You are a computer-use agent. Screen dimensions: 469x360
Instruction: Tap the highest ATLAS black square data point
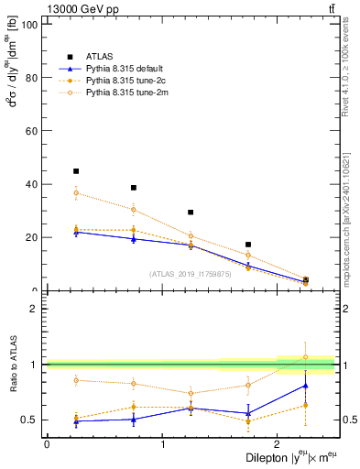pos(76,171)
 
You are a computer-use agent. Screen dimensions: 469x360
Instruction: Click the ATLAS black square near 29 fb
pos(191,213)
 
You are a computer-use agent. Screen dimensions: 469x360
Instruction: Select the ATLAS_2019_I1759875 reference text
pos(190,274)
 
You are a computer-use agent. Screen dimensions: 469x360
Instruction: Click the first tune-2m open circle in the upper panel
pos(76,193)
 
